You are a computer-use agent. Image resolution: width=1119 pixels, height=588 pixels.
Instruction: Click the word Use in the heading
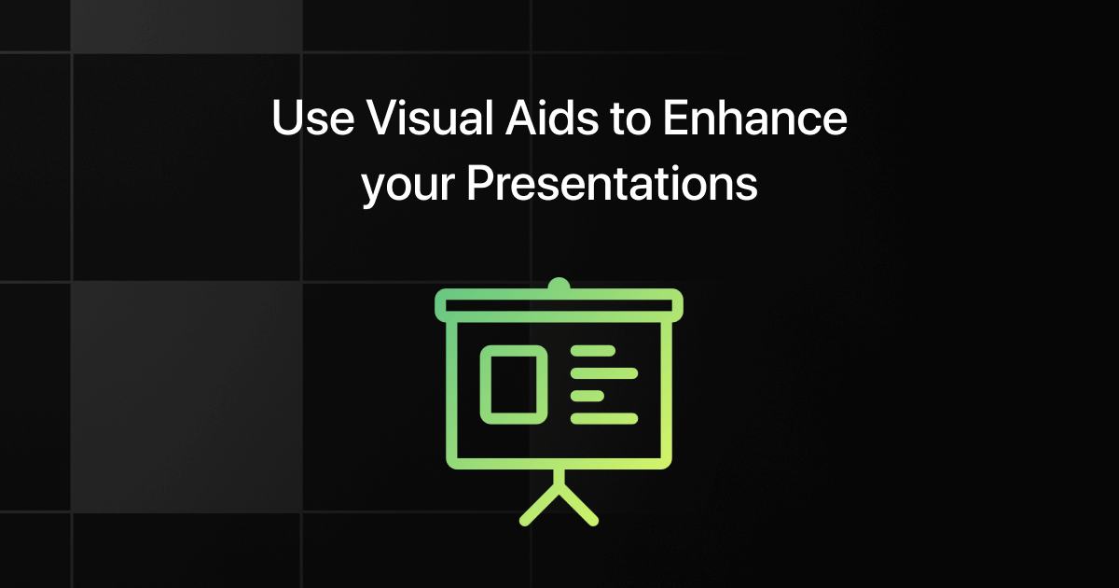tap(313, 118)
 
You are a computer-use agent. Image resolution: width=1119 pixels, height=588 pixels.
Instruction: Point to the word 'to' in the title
tap(630, 119)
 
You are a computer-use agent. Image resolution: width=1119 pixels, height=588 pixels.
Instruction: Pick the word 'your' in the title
tap(408, 186)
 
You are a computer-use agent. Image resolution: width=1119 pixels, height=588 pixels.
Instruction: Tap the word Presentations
tap(612, 183)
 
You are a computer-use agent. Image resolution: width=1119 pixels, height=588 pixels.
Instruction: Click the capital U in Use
tap(287, 118)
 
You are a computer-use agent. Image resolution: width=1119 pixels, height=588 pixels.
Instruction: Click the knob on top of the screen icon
tap(559, 284)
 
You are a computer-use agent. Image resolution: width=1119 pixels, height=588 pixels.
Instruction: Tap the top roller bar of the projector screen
tap(559, 305)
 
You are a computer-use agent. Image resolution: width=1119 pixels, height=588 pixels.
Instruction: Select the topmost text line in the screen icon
tap(593, 351)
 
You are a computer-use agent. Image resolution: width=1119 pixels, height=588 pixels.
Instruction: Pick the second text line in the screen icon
tap(604, 373)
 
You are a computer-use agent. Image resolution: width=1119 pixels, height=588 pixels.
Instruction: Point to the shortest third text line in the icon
tap(587, 396)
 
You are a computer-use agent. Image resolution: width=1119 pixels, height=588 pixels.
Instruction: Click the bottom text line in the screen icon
tap(604, 418)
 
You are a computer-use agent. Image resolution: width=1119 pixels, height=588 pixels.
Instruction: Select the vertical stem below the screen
tap(559, 479)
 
